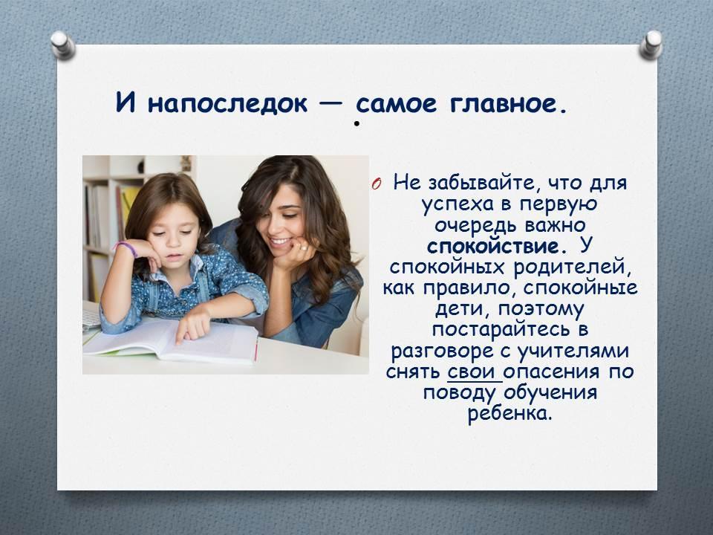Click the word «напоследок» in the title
227,103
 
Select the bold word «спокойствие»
493,247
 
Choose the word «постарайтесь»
501,330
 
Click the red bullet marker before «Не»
376,184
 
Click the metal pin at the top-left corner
62,45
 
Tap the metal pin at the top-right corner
651,45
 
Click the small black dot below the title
357,123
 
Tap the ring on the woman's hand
302,247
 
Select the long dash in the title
331,104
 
